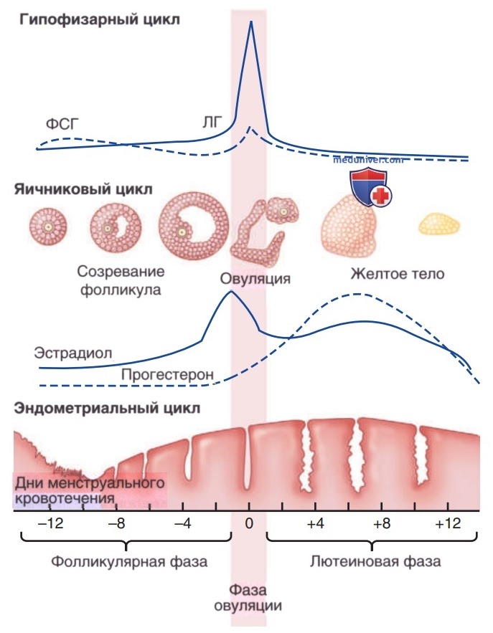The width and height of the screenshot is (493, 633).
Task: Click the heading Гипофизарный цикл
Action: point(100,19)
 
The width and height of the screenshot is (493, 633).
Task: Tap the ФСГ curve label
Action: point(62,123)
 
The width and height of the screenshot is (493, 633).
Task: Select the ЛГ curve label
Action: point(212,122)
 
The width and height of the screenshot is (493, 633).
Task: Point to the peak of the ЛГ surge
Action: point(251,22)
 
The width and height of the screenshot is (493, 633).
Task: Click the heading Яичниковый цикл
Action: point(84,189)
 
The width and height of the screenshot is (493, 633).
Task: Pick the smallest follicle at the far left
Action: point(47,227)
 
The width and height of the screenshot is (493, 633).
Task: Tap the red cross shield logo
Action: point(370,188)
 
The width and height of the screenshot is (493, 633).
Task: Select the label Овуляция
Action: point(255,279)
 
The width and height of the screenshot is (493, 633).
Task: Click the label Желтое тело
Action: point(398,274)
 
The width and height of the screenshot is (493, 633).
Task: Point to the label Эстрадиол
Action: point(73,353)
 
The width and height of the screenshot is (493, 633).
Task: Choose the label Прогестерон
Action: point(167,375)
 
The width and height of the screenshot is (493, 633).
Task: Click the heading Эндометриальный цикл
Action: point(107,408)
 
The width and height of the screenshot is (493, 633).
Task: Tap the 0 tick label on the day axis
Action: point(249,523)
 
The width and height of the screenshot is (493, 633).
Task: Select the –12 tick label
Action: point(50,523)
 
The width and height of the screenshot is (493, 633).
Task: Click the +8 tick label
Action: point(382,523)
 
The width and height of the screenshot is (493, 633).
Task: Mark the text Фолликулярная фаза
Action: point(129,561)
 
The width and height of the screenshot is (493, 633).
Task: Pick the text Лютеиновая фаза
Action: point(375,561)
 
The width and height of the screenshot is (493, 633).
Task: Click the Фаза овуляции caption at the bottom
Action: point(248,598)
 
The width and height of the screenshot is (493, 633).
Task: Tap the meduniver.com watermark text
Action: point(368,159)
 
